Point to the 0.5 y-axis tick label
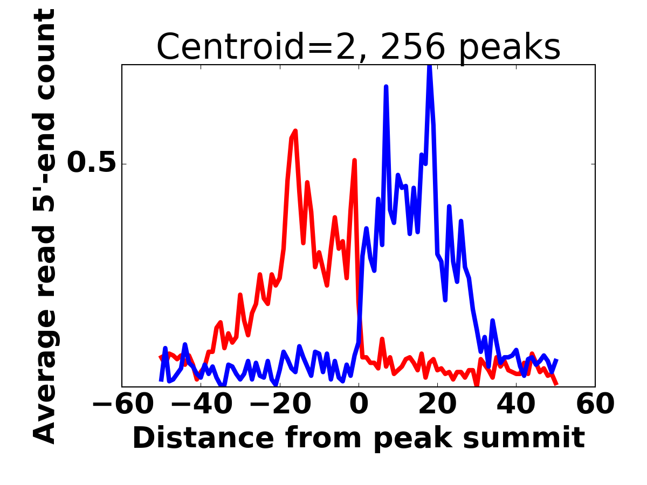coord(92,164)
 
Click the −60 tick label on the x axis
coord(122,404)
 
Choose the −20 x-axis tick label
coord(279,404)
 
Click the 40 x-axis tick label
coord(516,404)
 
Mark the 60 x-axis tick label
coord(595,404)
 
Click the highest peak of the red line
coord(295,131)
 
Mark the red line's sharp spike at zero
coord(354,160)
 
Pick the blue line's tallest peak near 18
coord(430,67)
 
